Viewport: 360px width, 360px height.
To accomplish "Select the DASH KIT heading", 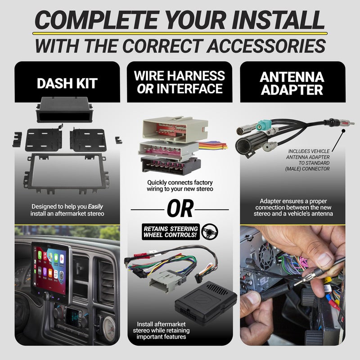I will [67, 83].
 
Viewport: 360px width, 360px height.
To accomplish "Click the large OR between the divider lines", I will [180, 209].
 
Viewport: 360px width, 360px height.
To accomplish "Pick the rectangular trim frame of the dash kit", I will [67, 171].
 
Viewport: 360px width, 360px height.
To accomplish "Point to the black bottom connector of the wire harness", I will [171, 166].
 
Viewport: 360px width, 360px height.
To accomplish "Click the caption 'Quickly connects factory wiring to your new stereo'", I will [180, 186].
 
